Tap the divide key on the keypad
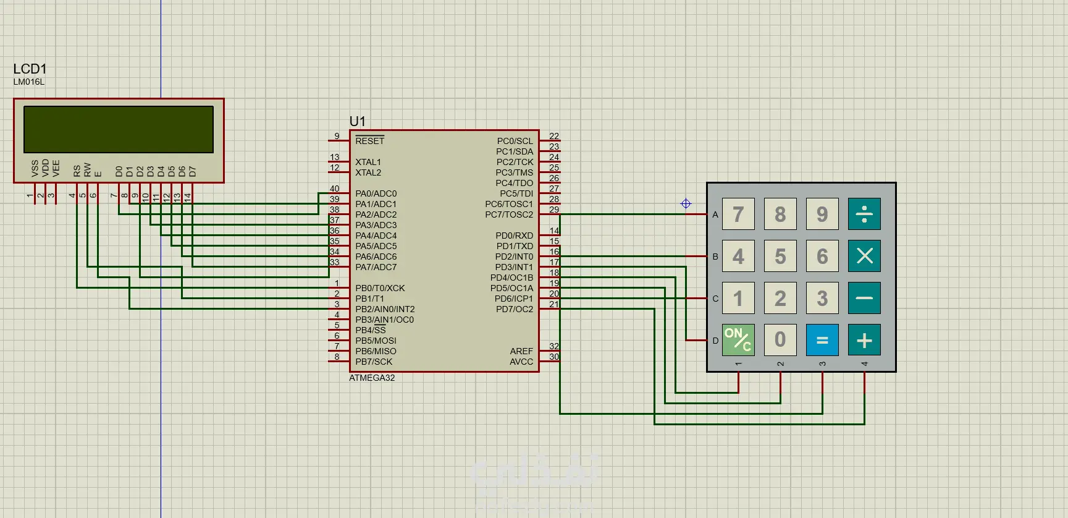coord(864,214)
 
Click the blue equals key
coord(822,340)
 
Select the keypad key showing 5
coord(780,256)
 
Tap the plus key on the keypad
coord(864,340)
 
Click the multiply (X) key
coord(864,256)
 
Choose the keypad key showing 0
coord(780,340)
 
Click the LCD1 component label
coord(30,69)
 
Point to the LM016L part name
coord(29,82)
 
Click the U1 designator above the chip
coord(357,121)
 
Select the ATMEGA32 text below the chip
coord(372,378)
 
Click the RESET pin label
coord(369,141)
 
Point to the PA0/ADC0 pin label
coord(376,193)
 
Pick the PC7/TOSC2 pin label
coord(509,214)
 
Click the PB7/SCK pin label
coord(374,362)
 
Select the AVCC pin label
coord(521,362)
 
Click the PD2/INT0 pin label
coord(514,257)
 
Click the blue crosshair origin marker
coord(686,203)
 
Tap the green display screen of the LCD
coord(119,129)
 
